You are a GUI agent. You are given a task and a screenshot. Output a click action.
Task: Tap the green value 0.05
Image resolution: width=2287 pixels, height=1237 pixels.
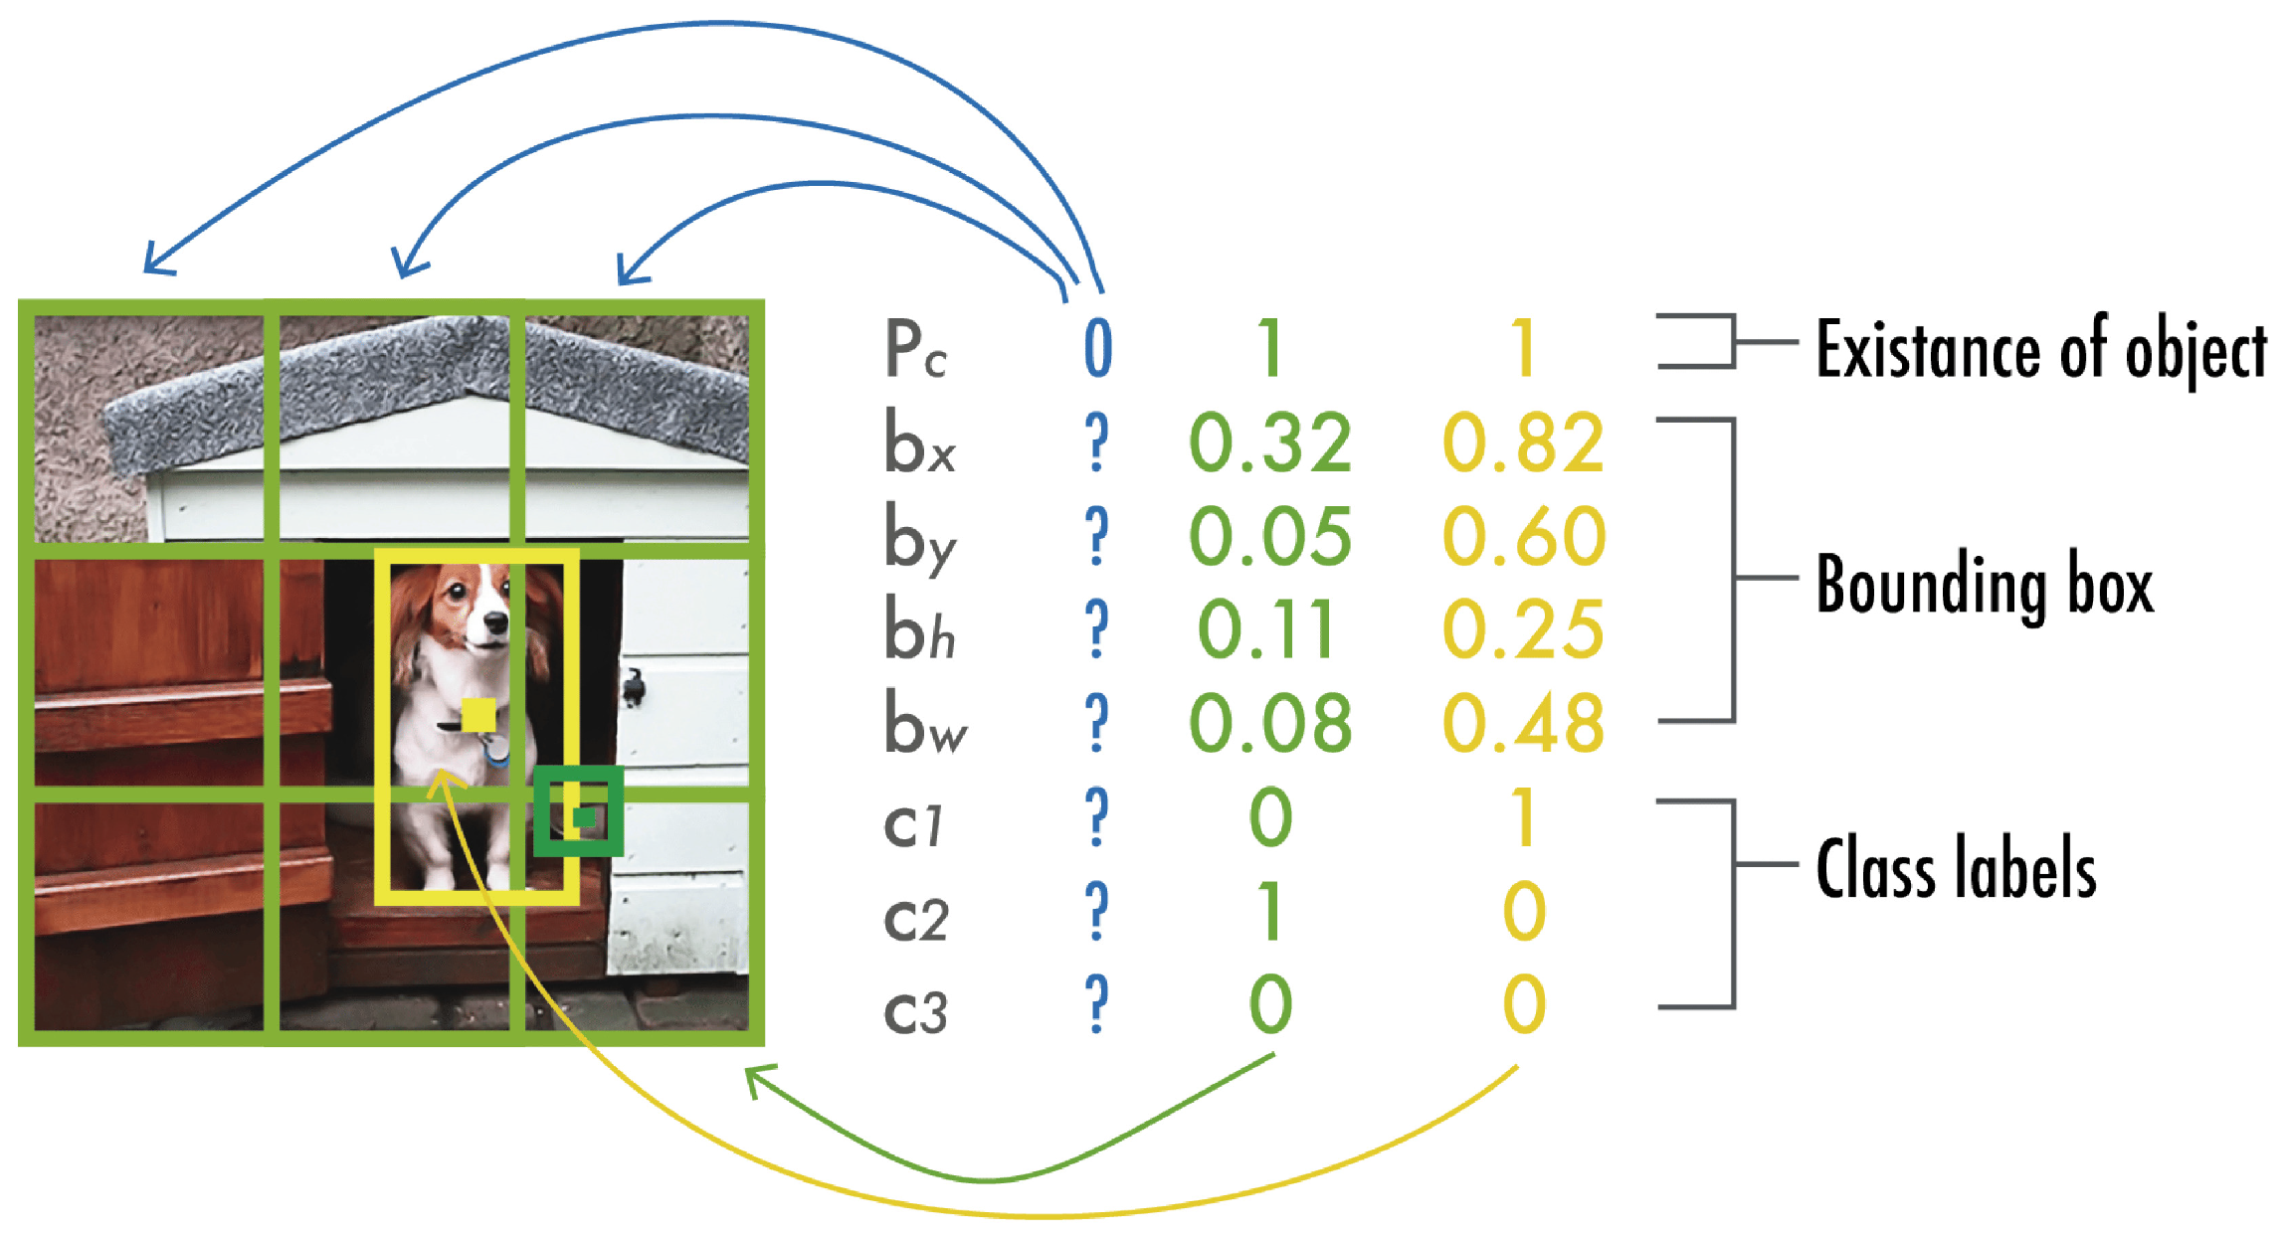1270,536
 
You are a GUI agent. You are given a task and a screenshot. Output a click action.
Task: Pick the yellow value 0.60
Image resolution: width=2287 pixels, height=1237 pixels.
1523,536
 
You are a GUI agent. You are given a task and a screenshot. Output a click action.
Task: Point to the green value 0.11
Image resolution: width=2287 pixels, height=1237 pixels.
1266,629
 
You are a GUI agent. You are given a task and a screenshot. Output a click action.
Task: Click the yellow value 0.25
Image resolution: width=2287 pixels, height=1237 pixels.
1523,629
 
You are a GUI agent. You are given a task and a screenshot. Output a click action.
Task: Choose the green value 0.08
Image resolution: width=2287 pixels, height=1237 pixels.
1270,723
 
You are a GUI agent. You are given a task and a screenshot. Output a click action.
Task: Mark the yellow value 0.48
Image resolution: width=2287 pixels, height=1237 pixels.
1523,723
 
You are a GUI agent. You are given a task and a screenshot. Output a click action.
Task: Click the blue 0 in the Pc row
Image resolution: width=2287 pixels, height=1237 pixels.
1097,349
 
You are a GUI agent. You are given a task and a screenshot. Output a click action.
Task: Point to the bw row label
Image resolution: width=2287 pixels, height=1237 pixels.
924,723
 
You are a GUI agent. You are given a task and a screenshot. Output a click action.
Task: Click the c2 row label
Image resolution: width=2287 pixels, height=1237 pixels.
915,916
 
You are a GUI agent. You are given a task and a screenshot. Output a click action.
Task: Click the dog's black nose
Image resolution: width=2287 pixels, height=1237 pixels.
495,623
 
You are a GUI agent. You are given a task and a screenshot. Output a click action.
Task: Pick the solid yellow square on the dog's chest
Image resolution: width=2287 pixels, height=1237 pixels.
478,715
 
